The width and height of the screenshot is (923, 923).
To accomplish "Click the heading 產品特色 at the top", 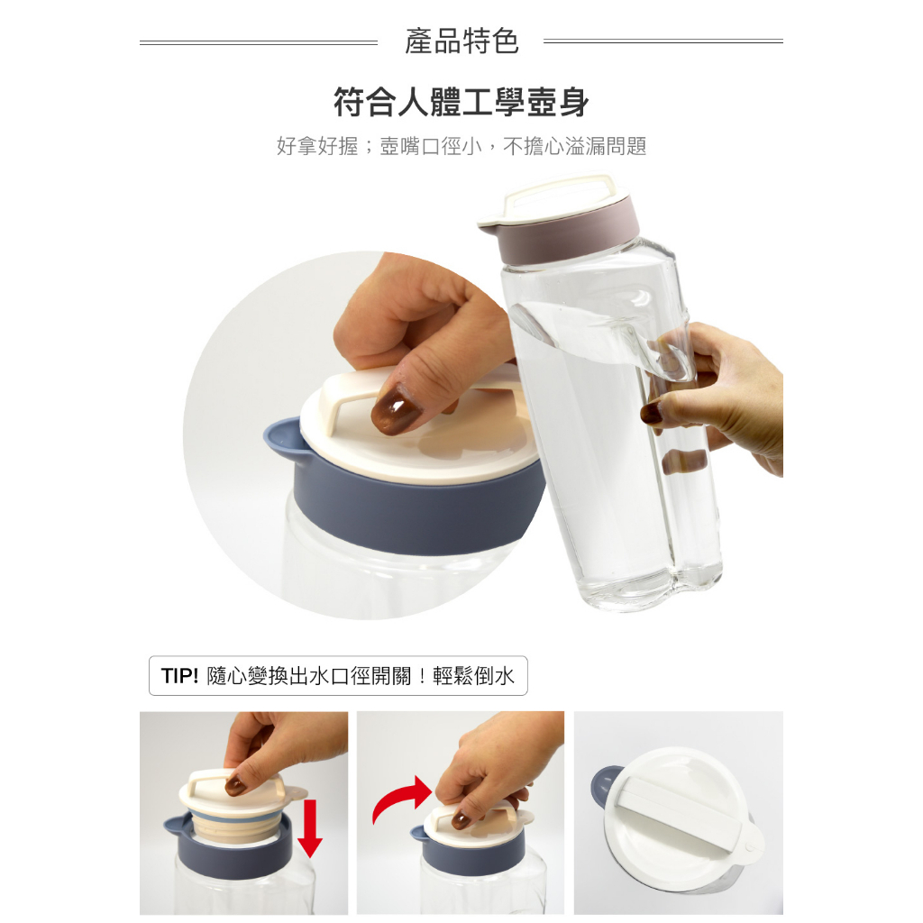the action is coord(461,41).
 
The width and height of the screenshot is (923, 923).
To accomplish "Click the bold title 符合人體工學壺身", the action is coord(461,103).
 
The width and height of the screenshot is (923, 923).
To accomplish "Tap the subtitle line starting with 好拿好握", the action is coord(461,146).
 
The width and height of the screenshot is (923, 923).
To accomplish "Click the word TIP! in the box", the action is coord(179,676).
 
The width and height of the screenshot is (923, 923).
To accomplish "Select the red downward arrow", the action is coord(310,828).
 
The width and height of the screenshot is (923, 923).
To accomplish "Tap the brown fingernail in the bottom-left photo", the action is coord(235,785).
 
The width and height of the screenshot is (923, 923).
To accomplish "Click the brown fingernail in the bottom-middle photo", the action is coord(461,818).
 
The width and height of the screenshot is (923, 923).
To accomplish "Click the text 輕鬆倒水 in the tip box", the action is coord(473,676).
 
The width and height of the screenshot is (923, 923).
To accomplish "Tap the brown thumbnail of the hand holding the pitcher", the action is coord(651,414).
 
